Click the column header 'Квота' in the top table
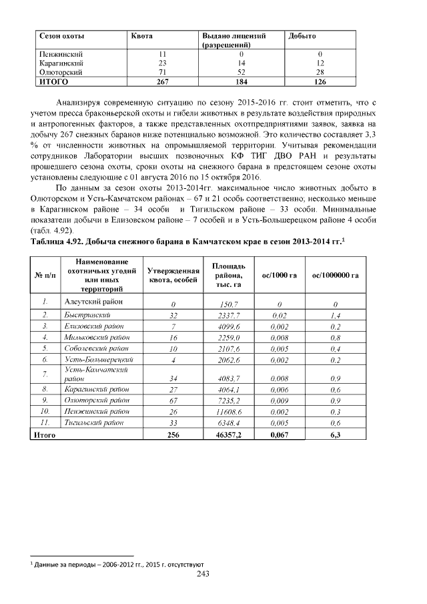(x=142, y=34)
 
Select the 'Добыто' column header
(x=302, y=34)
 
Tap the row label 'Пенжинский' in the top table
(x=61, y=53)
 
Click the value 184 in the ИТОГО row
(x=241, y=82)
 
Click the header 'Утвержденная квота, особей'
(x=173, y=276)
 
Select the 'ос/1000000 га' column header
(x=336, y=276)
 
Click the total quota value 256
(x=173, y=435)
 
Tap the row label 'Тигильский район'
(x=92, y=422)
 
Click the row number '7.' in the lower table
(x=44, y=374)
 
